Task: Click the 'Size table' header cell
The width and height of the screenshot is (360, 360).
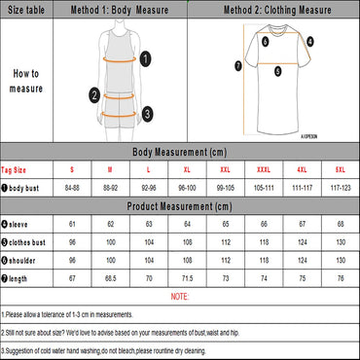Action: pos(26,9)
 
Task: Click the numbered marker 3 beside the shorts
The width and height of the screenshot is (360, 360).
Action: pos(145,113)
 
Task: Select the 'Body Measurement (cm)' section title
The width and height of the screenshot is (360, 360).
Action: pos(179,153)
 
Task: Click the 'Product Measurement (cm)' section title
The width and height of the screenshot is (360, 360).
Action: pos(179,206)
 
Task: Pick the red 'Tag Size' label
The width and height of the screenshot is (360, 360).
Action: pos(19,169)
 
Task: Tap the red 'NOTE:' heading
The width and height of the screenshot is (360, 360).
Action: pos(179,296)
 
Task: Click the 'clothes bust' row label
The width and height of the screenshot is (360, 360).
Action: pos(29,242)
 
